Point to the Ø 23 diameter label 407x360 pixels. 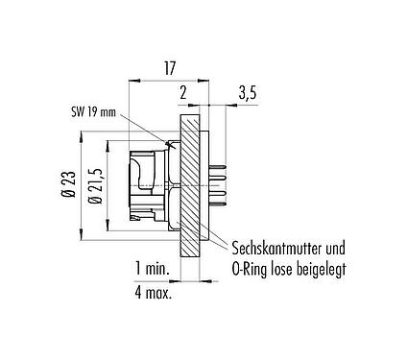[67, 181]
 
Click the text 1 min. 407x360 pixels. [152, 266]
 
